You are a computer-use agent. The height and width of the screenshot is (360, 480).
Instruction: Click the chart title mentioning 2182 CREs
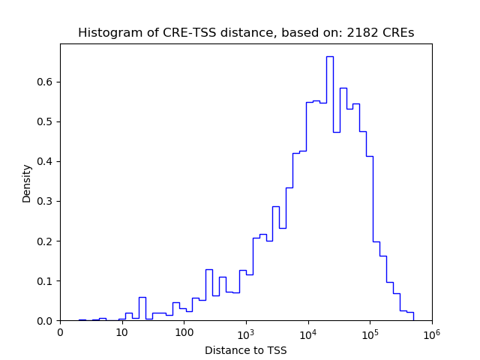tap(246, 33)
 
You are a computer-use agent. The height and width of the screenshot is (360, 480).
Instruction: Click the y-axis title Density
tap(27, 183)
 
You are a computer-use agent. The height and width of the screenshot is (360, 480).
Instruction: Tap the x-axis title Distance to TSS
tap(246, 350)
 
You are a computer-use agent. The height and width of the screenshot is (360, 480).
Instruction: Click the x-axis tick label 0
tap(61, 332)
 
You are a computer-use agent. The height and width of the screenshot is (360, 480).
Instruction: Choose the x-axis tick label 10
tap(122, 332)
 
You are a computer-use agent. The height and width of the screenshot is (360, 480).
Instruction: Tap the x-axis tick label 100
tap(184, 332)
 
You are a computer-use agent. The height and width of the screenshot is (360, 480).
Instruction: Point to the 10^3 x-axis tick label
tap(246, 331)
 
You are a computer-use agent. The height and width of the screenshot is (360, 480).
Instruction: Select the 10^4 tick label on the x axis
tap(308, 331)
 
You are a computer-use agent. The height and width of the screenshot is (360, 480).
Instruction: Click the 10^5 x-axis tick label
tap(370, 331)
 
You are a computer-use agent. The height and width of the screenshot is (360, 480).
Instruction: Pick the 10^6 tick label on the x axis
tap(431, 331)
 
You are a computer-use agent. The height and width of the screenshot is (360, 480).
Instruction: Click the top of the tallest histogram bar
tap(329, 56)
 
